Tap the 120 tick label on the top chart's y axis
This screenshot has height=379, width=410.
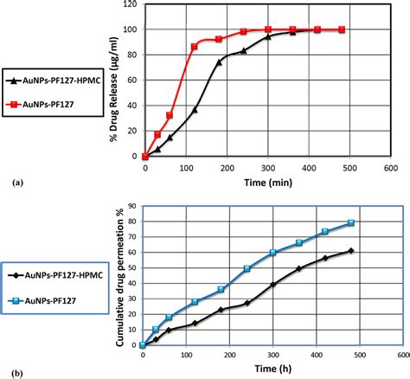(130, 4)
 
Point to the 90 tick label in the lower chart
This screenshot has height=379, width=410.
(131, 206)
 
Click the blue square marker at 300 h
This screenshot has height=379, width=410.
(272, 252)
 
